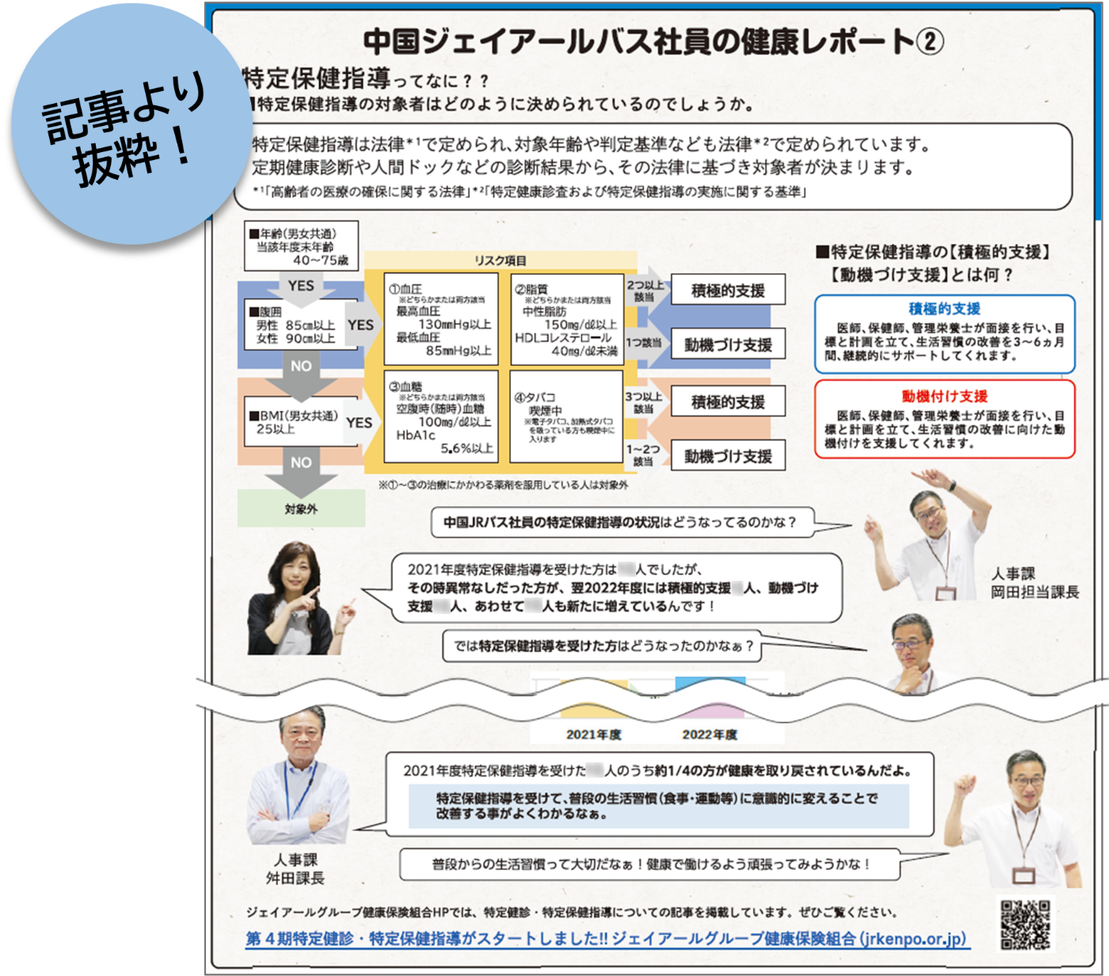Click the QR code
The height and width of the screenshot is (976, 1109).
click(x=1026, y=925)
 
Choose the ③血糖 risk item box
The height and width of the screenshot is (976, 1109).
click(x=440, y=416)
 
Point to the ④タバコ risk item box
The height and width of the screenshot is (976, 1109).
click(x=566, y=416)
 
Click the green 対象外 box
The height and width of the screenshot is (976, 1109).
click(x=301, y=509)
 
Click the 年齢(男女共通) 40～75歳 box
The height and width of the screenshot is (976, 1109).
click(x=300, y=246)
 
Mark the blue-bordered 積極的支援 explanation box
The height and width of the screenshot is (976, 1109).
click(x=944, y=334)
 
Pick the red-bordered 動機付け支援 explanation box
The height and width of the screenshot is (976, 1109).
click(x=944, y=419)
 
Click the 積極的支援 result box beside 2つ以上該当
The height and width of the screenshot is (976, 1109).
click(x=728, y=291)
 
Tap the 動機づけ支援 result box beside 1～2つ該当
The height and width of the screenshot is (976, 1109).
click(x=728, y=456)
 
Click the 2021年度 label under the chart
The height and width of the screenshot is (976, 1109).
click(x=593, y=734)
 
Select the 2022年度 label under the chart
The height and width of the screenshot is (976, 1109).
click(x=709, y=734)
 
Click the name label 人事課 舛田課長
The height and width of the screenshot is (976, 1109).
click(x=295, y=869)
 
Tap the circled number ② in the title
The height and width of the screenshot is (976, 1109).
click(x=929, y=41)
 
